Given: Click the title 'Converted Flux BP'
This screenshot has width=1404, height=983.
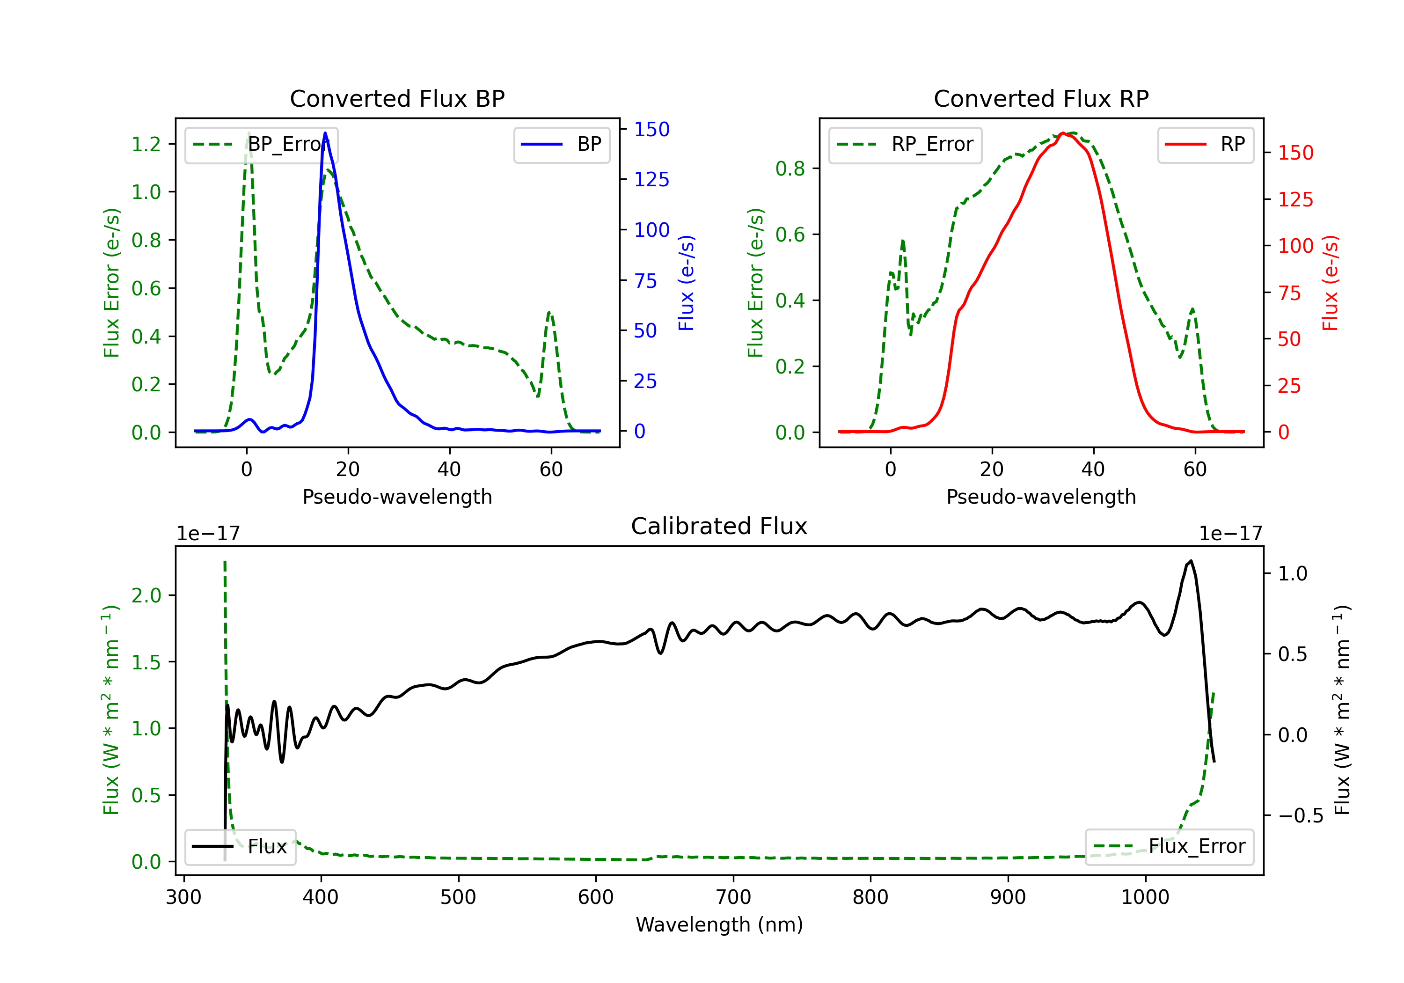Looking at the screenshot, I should point(397,98).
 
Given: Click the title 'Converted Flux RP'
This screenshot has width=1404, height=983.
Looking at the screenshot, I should point(1041,98).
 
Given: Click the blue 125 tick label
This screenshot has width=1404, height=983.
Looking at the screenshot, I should point(651,179).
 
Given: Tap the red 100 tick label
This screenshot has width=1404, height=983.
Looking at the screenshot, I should point(1295,246).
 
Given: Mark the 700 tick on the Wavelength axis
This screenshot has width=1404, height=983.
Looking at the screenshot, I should point(733,897).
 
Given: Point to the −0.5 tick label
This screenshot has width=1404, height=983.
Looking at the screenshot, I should point(1300,815).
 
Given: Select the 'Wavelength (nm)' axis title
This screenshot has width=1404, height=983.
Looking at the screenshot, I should point(719,924).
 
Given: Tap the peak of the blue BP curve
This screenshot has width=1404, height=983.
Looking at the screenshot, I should point(325,133).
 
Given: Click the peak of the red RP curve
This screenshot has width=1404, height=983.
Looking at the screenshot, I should point(1063,133).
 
